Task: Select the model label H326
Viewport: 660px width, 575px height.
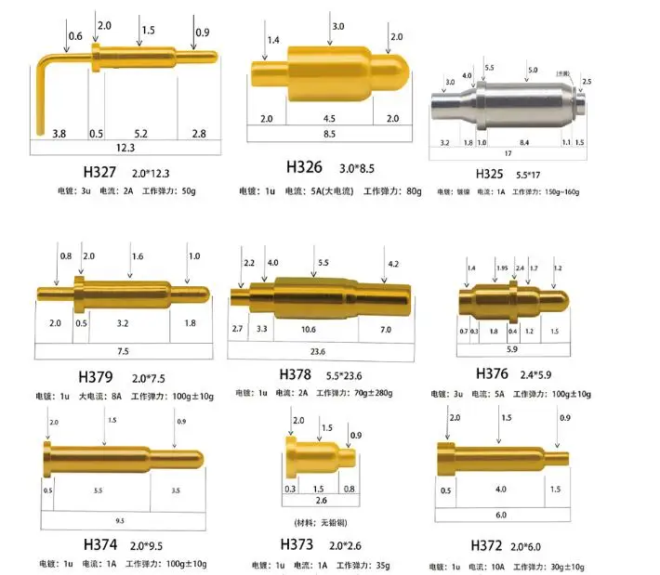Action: [304, 167]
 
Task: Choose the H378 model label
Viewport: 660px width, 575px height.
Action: [298, 374]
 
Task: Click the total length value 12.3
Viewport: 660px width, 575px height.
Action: [125, 147]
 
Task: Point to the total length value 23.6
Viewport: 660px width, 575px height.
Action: [317, 352]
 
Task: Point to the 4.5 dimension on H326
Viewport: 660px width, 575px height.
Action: [329, 118]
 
